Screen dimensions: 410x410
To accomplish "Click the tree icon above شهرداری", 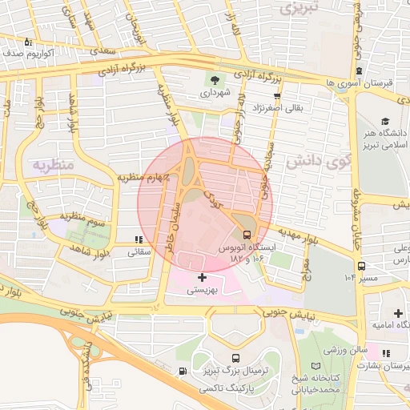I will tap(215, 79).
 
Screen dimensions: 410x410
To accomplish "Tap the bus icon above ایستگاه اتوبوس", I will tap(247, 235).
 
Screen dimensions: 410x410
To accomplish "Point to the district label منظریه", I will tap(52, 165).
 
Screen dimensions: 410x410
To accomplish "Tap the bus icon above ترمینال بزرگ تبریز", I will tap(236, 358).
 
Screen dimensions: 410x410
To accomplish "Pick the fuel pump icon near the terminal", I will tap(184, 372).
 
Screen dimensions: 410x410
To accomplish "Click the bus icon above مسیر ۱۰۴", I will tap(362, 266).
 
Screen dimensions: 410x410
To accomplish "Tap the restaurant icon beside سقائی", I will tap(139, 239).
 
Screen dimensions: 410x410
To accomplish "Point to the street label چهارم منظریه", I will tap(145, 176).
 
